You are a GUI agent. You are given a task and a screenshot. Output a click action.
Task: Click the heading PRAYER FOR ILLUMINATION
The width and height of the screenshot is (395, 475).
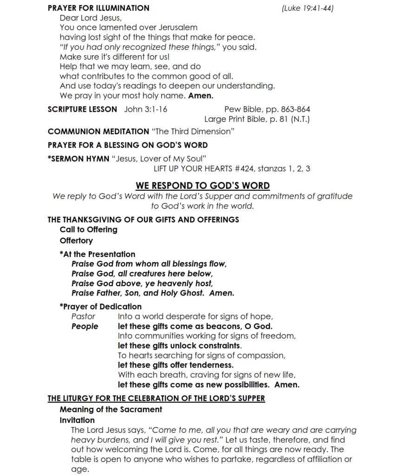(99, 8)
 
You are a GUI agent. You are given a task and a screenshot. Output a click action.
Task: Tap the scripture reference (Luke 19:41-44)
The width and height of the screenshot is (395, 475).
(308, 8)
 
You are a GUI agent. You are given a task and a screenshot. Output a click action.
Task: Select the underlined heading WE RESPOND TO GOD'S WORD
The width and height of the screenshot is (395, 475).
(203, 186)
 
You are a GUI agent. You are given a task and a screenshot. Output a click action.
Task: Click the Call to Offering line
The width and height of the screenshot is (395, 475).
(88, 229)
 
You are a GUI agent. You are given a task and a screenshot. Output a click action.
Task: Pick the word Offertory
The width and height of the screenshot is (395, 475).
(76, 240)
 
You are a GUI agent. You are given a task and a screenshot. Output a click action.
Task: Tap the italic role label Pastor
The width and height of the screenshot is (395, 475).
(83, 316)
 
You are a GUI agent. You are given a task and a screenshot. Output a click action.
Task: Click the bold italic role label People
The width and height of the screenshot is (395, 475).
(85, 326)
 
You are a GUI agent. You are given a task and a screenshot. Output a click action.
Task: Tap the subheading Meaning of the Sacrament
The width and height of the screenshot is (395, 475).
(111, 409)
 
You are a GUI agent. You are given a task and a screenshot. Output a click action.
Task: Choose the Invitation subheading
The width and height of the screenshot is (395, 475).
(77, 420)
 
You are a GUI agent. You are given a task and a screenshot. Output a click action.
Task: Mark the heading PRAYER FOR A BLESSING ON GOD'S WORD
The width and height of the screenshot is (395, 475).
(128, 145)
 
